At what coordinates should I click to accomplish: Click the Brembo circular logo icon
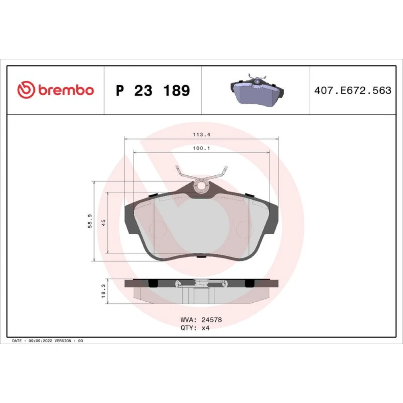(26, 90)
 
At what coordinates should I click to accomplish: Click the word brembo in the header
(66, 90)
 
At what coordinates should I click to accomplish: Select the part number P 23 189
(153, 90)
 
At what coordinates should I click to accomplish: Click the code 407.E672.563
(353, 90)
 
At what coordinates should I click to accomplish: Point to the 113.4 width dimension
(201, 135)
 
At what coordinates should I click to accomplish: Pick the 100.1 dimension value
(201, 148)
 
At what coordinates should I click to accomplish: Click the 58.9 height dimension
(90, 221)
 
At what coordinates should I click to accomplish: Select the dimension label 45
(103, 222)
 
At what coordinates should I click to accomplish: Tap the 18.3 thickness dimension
(103, 291)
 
